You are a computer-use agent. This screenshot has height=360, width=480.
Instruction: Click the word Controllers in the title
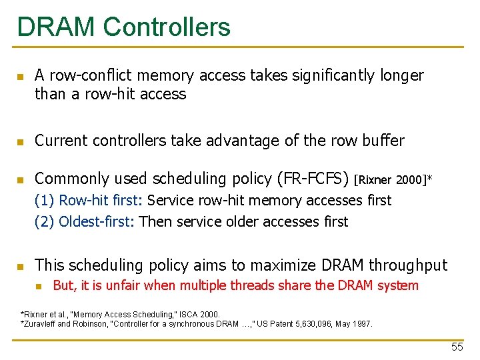[x=167, y=27]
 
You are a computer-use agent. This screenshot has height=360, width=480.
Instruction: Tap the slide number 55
[x=457, y=347]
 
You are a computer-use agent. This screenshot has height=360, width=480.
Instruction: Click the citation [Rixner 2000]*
[x=393, y=179]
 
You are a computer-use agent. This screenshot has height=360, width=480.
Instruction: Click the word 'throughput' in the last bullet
[x=408, y=265]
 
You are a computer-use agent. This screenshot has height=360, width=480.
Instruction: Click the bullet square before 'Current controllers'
[x=21, y=141]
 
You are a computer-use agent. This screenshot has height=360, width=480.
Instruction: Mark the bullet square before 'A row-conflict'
[x=21, y=77]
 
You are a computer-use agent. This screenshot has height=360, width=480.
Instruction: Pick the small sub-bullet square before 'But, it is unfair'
[x=39, y=287]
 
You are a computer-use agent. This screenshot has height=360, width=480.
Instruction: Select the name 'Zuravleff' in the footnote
[x=41, y=324]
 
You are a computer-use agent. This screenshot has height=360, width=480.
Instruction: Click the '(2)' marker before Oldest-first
[x=45, y=221]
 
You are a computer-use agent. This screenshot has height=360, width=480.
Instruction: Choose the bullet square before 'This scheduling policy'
[x=21, y=266]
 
